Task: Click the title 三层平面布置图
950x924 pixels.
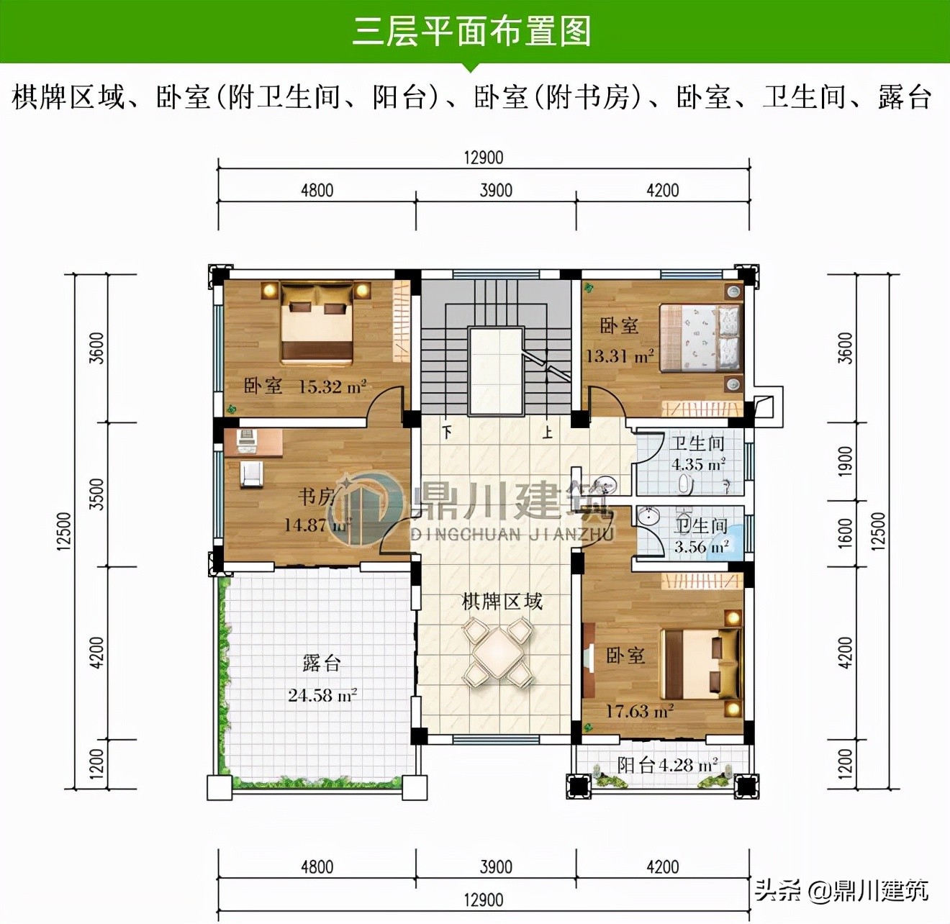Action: pyautogui.click(x=471, y=32)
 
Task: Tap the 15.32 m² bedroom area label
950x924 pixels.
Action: pyautogui.click(x=332, y=387)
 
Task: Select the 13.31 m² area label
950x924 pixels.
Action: pyautogui.click(x=619, y=356)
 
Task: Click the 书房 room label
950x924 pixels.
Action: pyautogui.click(x=317, y=496)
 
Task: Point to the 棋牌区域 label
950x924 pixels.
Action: pyautogui.click(x=502, y=602)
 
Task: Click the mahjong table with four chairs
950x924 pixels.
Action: pyautogui.click(x=497, y=653)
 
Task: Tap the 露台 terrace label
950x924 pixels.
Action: pyautogui.click(x=321, y=663)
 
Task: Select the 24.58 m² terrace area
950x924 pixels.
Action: pyautogui.click(x=322, y=695)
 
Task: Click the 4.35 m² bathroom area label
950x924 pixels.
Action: pyautogui.click(x=697, y=465)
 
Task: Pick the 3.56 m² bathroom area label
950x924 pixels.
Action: pyautogui.click(x=700, y=547)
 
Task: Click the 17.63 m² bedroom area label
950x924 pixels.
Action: pyautogui.click(x=639, y=712)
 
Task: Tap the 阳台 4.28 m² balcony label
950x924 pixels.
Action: pyautogui.click(x=667, y=765)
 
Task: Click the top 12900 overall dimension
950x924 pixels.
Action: pyautogui.click(x=483, y=158)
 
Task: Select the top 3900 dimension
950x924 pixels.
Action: pyautogui.click(x=496, y=190)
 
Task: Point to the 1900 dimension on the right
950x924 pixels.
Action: pyautogui.click(x=846, y=461)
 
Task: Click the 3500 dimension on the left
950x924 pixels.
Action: pyautogui.click(x=96, y=494)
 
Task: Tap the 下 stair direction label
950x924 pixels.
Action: pyautogui.click(x=448, y=432)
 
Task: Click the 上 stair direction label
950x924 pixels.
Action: pyautogui.click(x=548, y=432)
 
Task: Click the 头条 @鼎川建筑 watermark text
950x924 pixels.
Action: pyautogui.click(x=841, y=891)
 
